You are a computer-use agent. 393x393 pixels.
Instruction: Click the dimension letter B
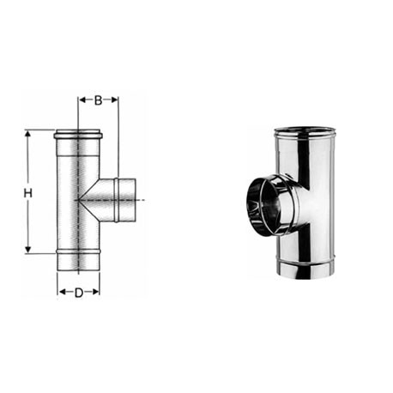pyautogui.click(x=98, y=100)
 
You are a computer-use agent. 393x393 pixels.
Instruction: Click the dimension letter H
pyautogui.click(x=27, y=193)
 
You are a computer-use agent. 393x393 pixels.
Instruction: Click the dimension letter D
pyautogui.click(x=79, y=293)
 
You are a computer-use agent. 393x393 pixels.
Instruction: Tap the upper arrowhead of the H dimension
pyautogui.click(x=27, y=134)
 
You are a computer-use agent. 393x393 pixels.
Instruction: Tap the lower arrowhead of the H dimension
pyautogui.click(x=27, y=250)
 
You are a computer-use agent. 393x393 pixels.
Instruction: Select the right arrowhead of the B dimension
pyautogui.click(x=114, y=100)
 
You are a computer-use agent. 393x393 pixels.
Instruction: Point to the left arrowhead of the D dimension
pyautogui.click(x=62, y=292)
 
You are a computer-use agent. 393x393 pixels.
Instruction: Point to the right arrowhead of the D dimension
pyautogui.click(x=95, y=292)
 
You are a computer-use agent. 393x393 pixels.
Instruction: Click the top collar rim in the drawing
pyautogui.click(x=78, y=134)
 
